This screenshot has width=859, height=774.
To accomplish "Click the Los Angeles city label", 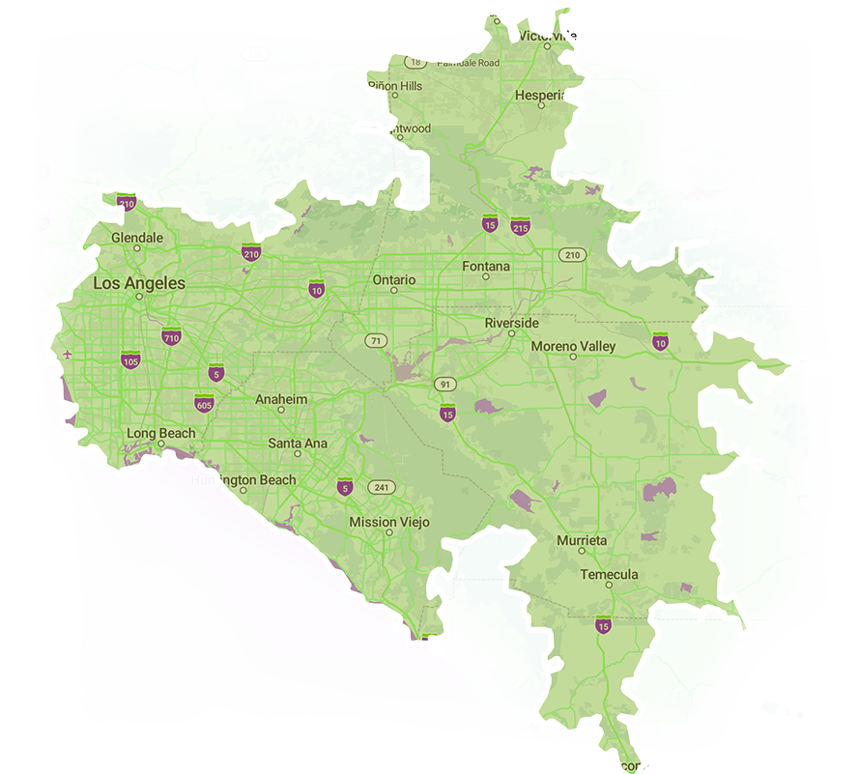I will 138,284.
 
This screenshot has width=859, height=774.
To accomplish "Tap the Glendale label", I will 137,238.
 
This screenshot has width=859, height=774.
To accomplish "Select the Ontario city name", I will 394,280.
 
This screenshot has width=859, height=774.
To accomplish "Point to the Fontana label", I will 486,267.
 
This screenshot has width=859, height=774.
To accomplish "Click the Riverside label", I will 512,323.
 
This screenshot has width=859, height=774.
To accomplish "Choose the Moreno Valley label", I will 573,346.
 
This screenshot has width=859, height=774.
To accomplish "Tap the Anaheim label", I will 281,399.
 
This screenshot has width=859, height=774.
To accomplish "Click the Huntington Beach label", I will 243,480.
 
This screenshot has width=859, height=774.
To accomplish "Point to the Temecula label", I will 609,575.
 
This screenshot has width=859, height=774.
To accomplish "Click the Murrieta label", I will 582,541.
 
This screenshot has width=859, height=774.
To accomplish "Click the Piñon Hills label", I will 395,86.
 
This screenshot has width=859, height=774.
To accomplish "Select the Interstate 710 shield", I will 171,337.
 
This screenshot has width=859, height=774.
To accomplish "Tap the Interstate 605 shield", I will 203,403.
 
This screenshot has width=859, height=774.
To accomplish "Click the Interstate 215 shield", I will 520,227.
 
